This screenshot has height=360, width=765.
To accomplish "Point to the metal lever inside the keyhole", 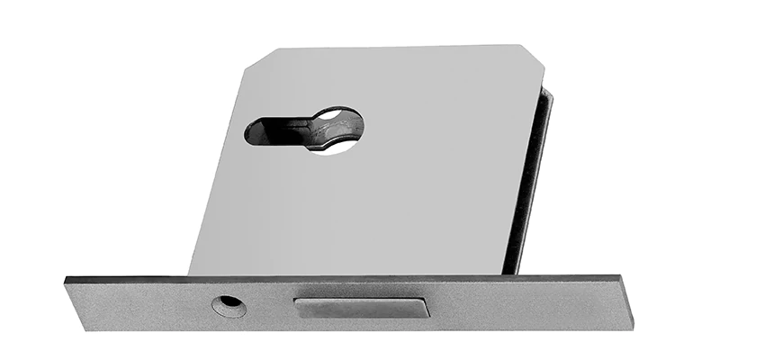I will click(x=310, y=133).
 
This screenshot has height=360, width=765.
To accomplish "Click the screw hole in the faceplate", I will click(x=229, y=306).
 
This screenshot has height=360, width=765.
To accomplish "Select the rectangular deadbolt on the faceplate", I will click(x=362, y=307).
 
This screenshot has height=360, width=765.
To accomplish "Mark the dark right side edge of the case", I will click(x=531, y=180).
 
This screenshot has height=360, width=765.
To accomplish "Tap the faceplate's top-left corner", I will click(x=67, y=280).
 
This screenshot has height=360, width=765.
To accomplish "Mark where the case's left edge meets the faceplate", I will click(x=191, y=275).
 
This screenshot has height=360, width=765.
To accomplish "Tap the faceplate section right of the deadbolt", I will click(x=522, y=304).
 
